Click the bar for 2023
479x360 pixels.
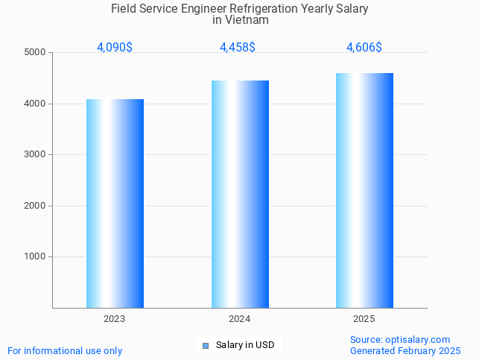tap(115, 203)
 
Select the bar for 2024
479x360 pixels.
tap(240, 194)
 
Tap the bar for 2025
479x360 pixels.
tap(364, 190)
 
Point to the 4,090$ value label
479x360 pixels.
tap(115, 48)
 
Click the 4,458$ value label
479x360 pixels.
tap(238, 48)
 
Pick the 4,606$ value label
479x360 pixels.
tap(364, 48)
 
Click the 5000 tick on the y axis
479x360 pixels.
tap(34, 53)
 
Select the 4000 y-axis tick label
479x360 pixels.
tap(34, 104)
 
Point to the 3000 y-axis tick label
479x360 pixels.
tap(34, 155)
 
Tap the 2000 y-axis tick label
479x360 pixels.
tap(34, 206)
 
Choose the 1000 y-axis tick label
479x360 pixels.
tap(34, 257)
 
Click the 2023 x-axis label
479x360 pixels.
tap(115, 319)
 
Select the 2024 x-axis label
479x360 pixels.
tap(240, 319)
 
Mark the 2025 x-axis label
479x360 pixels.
tap(364, 319)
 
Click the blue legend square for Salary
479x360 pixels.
tap(206, 345)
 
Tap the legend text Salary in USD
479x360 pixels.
tap(245, 345)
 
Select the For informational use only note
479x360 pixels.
tap(65, 351)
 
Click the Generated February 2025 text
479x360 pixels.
tap(405, 351)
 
